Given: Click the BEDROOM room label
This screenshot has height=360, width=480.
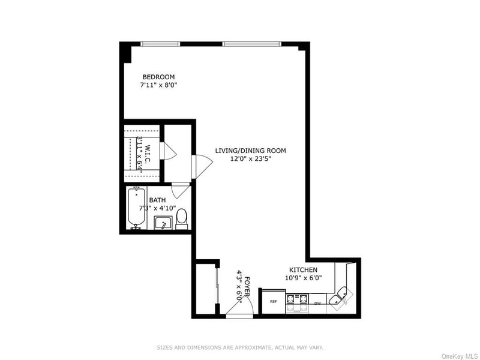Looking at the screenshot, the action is [158, 77].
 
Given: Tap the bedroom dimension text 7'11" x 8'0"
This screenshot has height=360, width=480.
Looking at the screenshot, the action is [158, 85].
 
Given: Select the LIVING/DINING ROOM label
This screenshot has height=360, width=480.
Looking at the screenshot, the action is [250, 151].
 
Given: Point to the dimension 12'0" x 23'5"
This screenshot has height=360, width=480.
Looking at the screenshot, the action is [251, 159].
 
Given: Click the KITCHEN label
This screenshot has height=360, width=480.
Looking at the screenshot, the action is [304, 270].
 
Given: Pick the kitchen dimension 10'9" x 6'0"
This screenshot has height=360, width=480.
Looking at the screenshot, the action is [304, 278].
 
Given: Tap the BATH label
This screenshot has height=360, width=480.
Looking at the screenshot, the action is [157, 200].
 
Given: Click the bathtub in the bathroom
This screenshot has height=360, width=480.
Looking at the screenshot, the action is [136, 208].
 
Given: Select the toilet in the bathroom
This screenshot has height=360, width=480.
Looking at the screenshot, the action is [182, 219].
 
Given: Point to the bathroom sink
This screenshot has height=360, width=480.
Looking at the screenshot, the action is [163, 223].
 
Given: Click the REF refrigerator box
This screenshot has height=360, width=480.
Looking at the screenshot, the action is [274, 302].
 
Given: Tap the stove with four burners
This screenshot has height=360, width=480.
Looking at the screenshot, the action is [297, 303].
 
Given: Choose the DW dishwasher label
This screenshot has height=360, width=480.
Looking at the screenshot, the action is [317, 304].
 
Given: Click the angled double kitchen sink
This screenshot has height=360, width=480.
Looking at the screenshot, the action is [341, 296].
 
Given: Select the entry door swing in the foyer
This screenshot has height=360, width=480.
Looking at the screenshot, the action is [240, 306].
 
